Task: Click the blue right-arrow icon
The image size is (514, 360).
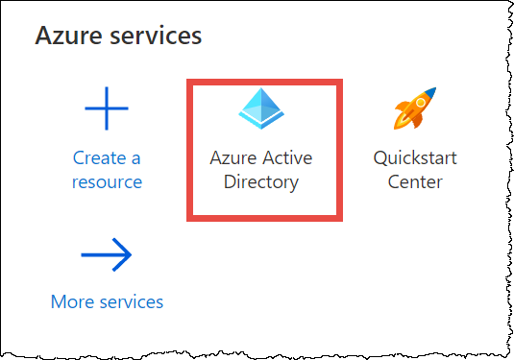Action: tap(107, 255)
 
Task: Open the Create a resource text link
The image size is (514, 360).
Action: tap(107, 169)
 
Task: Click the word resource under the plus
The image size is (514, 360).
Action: tap(107, 181)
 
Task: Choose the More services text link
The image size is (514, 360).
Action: tap(107, 301)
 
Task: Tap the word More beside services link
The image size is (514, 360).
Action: tap(73, 301)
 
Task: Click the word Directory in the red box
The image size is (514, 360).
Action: tap(261, 181)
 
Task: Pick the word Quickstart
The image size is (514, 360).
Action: tap(415, 157)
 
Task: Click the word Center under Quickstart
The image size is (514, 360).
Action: tap(415, 181)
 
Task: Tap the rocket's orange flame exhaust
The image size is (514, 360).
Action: tap(401, 124)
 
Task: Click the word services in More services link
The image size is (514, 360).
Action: tap(131, 301)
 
